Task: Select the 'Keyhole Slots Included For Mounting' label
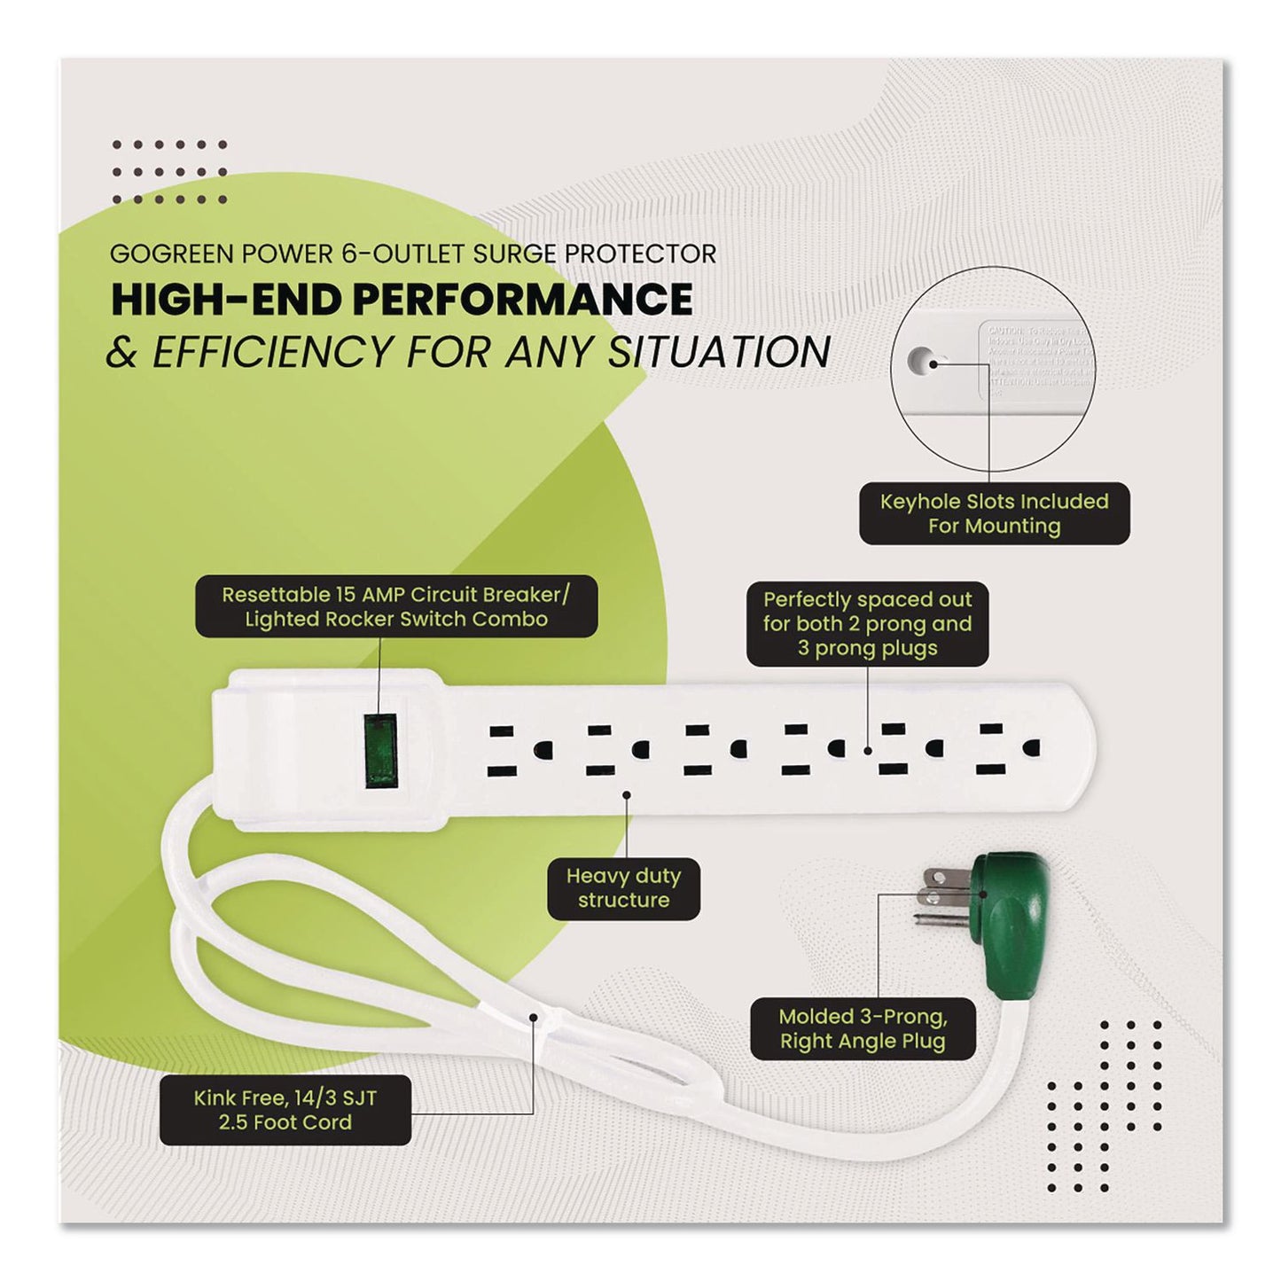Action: click(994, 513)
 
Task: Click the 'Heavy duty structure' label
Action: click(623, 888)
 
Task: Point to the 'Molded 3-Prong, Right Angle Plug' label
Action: click(863, 1029)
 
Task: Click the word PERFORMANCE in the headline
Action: click(523, 301)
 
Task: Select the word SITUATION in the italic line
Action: click(719, 352)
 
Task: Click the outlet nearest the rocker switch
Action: click(515, 750)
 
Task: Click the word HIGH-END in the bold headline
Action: click(225, 301)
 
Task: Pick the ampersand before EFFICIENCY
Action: click(122, 353)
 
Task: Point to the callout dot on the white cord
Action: click(533, 1018)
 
